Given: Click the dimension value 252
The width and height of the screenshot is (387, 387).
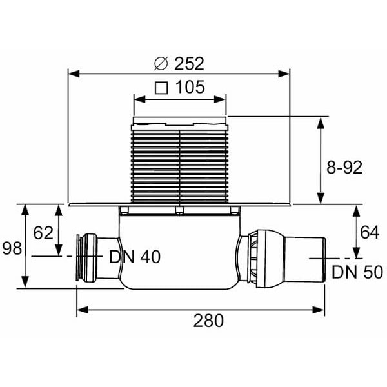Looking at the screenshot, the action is click(x=189, y=64).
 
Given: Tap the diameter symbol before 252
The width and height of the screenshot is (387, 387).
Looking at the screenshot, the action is click(x=161, y=64).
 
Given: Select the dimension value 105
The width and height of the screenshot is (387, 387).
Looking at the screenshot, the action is click(x=190, y=87).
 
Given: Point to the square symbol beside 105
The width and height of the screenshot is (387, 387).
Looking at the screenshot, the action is click(x=161, y=88).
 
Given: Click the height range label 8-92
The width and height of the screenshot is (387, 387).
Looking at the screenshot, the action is click(x=344, y=167).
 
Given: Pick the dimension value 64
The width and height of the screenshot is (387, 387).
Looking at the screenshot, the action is click(x=370, y=232).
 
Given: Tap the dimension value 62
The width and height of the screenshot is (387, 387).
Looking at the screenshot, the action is click(x=43, y=233).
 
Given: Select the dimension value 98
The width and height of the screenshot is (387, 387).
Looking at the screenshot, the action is click(x=12, y=248).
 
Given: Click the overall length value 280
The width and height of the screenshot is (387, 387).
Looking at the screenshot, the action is click(x=208, y=321).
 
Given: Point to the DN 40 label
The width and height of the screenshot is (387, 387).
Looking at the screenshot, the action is click(x=135, y=257).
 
